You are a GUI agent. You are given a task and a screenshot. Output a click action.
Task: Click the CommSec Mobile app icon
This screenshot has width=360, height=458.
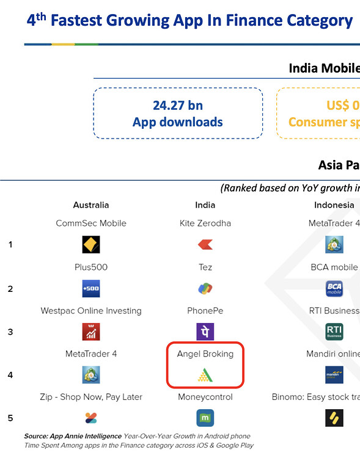click(91, 245)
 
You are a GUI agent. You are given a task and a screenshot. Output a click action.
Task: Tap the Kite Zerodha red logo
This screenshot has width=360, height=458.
click(205, 245)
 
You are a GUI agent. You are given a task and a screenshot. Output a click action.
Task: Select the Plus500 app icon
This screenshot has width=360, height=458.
click(91, 288)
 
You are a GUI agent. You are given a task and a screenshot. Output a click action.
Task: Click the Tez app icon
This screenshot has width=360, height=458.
click(205, 288)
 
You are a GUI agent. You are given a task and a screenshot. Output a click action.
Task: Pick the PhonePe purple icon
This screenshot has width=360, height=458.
click(205, 332)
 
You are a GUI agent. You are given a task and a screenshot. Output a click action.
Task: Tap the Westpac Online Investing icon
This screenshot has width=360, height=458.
click(91, 332)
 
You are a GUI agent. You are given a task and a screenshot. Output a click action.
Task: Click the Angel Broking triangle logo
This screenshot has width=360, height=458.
click(205, 375)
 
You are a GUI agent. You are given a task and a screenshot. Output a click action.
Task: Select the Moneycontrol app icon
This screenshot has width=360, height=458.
click(205, 418)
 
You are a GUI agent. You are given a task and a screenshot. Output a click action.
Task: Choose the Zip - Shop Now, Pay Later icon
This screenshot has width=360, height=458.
click(91, 418)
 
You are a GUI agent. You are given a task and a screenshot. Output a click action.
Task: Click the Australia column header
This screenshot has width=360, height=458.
click(91, 205)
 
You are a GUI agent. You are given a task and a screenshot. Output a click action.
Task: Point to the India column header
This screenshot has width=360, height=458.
click(205, 205)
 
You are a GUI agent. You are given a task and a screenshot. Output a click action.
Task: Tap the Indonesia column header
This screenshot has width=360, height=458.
click(334, 205)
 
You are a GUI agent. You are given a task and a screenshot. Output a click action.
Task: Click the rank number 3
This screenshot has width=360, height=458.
click(10, 332)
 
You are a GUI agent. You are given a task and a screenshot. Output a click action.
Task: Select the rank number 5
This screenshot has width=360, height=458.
click(10, 418)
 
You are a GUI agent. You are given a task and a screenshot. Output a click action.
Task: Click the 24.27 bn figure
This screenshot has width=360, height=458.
click(178, 105)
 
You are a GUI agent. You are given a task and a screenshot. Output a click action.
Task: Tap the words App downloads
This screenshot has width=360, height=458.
click(178, 122)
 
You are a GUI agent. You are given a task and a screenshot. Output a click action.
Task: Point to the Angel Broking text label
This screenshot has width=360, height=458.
click(205, 354)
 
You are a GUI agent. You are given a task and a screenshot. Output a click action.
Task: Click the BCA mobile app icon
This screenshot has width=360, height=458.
click(334, 288)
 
